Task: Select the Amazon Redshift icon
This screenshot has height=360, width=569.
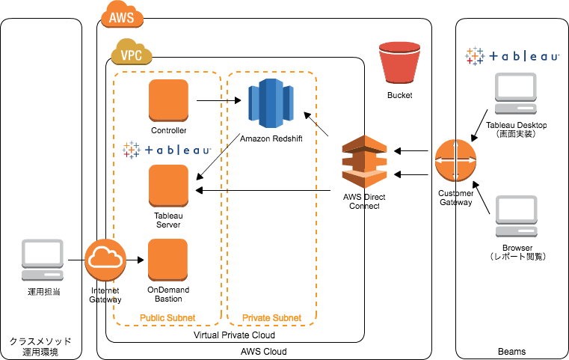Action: (x=270, y=100)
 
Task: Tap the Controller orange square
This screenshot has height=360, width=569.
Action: (x=169, y=100)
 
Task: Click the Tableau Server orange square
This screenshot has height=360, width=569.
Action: (x=169, y=185)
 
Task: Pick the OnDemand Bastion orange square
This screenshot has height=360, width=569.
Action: (x=169, y=259)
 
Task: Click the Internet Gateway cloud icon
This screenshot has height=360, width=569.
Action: (x=105, y=260)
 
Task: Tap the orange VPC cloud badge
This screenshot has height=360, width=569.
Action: (x=131, y=54)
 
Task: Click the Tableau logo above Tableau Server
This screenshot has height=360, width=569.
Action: (x=167, y=150)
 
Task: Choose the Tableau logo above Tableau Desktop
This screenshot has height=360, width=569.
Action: (x=510, y=55)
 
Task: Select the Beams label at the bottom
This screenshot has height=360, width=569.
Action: (x=511, y=351)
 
